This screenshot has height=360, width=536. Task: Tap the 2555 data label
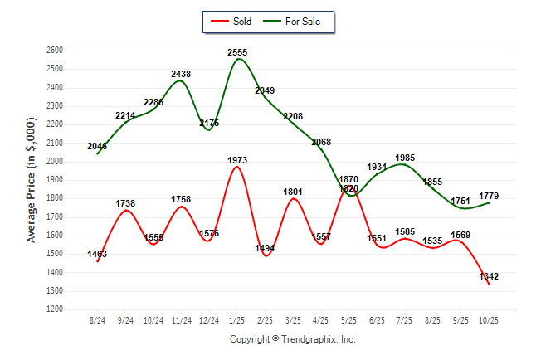coord(237,52)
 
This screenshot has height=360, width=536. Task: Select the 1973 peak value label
coord(237,160)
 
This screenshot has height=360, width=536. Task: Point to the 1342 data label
coord(489,275)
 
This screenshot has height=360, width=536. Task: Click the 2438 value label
coord(181,74)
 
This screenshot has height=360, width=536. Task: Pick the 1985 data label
coord(405,158)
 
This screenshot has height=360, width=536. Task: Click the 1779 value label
coord(489,196)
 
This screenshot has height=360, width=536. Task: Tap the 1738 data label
coord(125,203)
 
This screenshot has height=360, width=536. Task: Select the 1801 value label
coord(293,192)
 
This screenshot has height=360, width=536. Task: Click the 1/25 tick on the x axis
coord(237,319)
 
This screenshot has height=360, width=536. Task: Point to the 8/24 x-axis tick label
coord(98,319)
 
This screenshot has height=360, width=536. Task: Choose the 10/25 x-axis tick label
coord(489,319)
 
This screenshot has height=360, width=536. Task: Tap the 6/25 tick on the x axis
coord(377,319)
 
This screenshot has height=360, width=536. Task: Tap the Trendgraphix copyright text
coord(292,339)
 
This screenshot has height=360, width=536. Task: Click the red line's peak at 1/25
coord(237,167)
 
